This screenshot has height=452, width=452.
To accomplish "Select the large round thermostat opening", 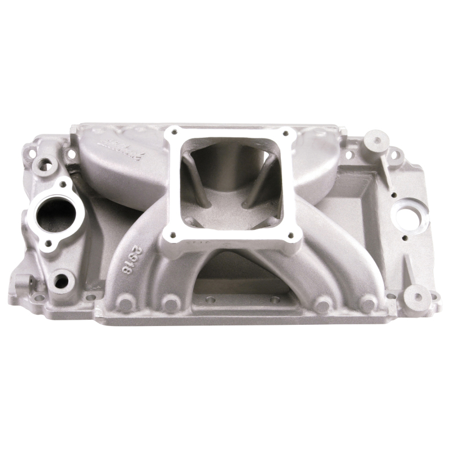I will point(53,215).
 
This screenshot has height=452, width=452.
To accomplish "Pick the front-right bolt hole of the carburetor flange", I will point(291,236).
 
